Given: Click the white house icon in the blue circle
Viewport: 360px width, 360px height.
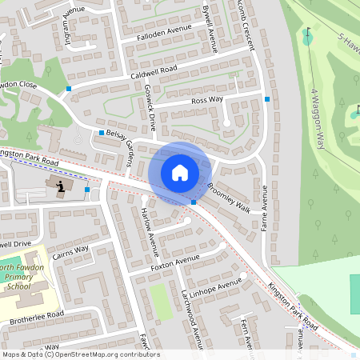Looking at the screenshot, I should pos(180,173).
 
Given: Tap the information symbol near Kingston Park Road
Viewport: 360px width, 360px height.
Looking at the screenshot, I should pos(60,186).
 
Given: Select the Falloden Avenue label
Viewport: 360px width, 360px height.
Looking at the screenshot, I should pos(163,30).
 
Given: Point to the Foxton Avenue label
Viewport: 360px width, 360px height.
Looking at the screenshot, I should pos(174,260).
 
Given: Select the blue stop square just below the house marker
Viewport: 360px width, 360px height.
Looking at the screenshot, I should pos(194,202).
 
